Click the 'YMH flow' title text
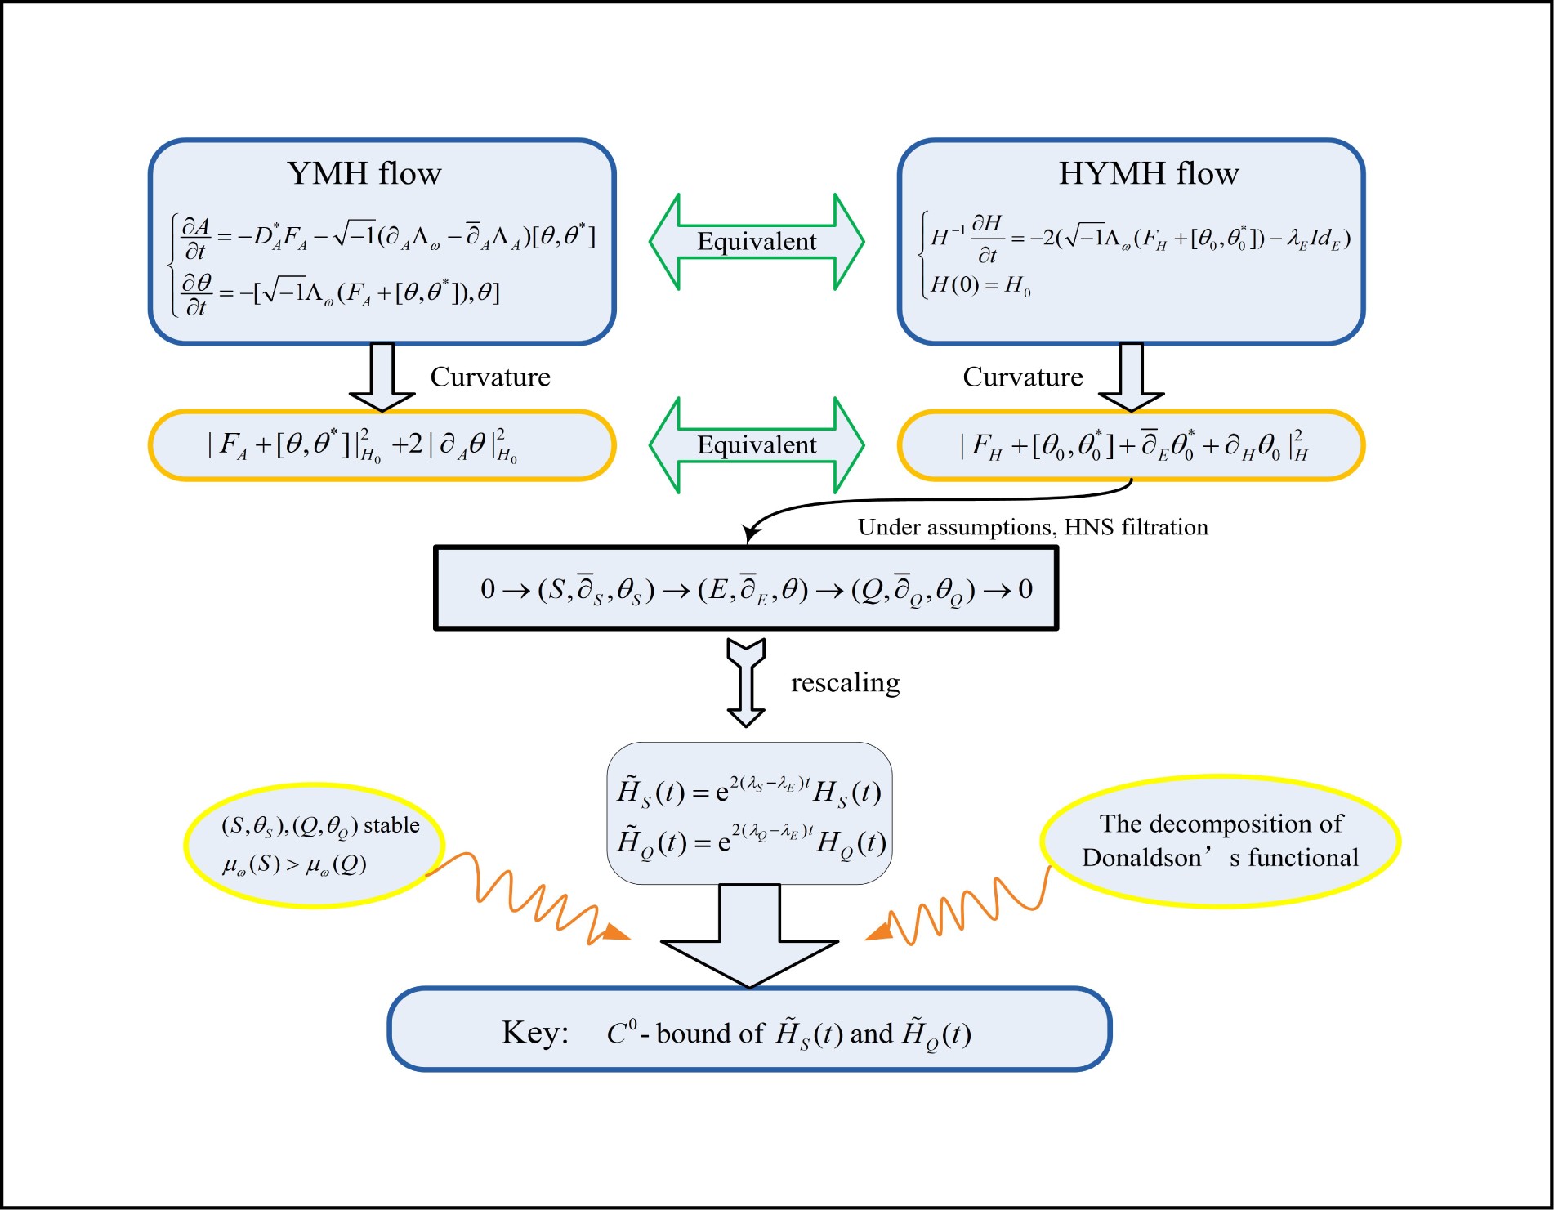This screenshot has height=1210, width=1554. click(364, 174)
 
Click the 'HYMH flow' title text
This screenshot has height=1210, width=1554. click(1148, 174)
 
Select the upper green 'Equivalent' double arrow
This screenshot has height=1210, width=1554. click(757, 242)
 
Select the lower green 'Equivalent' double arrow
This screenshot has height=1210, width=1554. click(757, 445)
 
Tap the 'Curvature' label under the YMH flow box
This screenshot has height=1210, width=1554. click(490, 377)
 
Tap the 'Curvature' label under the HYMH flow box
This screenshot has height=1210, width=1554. click(1022, 377)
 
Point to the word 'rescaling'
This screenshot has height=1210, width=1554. click(845, 682)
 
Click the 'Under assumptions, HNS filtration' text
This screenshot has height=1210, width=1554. click(1033, 527)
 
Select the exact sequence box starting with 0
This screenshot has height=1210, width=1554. click(746, 588)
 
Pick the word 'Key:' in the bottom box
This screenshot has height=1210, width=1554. click(535, 1033)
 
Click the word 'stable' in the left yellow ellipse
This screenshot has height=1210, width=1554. click(391, 825)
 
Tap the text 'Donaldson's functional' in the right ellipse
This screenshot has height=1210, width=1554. click(1220, 858)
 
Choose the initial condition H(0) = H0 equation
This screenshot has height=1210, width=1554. click(980, 285)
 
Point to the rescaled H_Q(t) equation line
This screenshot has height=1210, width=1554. click(751, 842)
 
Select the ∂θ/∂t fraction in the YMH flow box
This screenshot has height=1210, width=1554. click(196, 294)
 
